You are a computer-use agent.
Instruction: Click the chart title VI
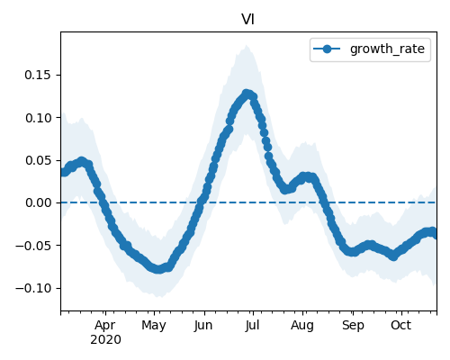coord(248,20)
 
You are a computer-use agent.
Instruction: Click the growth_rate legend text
coord(387,49)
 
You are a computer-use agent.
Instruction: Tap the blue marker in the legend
coord(327,49)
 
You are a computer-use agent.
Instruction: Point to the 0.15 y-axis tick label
coord(38,75)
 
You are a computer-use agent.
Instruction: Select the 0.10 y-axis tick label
coord(38,118)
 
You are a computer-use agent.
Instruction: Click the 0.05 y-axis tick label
coord(38,160)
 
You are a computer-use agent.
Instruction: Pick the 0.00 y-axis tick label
coord(38,203)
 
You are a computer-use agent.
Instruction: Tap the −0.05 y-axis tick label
coord(33,246)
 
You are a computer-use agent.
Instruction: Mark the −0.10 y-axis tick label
coord(33,289)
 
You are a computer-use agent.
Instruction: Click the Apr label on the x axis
coord(105,326)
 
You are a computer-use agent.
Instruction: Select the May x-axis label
coord(154,326)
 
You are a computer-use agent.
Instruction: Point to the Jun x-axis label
coord(203,325)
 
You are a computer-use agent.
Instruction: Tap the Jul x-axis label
coord(252,325)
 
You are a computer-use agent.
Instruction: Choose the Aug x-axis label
coord(302,326)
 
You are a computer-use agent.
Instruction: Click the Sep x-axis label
coord(353,326)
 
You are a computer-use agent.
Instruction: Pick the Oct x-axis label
coord(400,325)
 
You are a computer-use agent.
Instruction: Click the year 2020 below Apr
coord(105,340)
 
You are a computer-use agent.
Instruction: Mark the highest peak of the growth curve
coord(247,94)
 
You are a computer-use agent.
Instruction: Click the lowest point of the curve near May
coord(158,269)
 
